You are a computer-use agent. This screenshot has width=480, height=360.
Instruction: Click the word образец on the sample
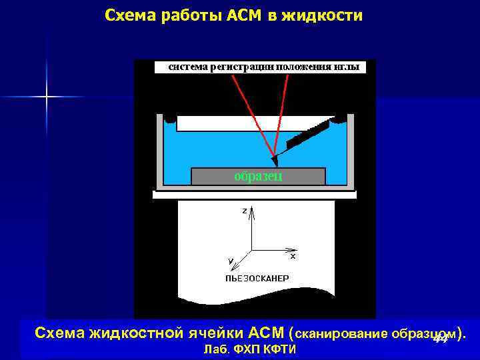[x=258, y=176]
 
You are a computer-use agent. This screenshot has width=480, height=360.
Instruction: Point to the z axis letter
[x=244, y=210]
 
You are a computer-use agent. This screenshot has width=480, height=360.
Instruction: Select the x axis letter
[x=293, y=255]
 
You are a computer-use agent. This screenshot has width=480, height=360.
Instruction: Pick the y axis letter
[x=230, y=260]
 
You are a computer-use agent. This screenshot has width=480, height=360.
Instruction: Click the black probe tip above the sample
[x=275, y=161]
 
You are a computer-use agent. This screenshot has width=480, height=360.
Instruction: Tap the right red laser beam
[x=282, y=113]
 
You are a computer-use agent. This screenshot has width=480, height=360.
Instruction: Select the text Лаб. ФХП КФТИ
[x=248, y=350]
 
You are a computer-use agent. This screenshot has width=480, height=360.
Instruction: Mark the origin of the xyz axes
[x=251, y=250]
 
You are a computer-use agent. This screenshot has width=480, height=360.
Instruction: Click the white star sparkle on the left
[x=47, y=97]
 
